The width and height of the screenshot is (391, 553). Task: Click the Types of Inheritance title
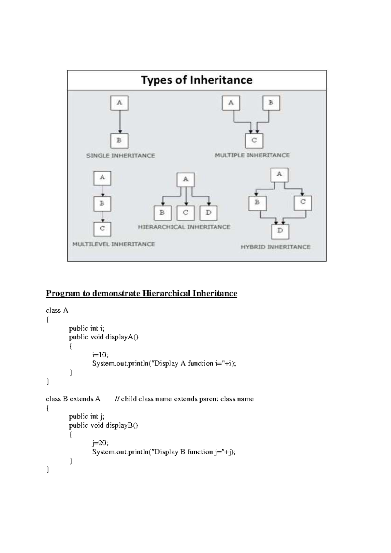pyautogui.click(x=196, y=80)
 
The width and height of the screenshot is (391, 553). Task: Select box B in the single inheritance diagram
pyautogui.click(x=119, y=141)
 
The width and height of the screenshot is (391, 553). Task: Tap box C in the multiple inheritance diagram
pyautogui.click(x=254, y=140)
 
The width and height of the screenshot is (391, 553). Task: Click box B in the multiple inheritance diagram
pyautogui.click(x=271, y=103)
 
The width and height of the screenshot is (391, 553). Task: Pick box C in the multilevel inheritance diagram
pyautogui.click(x=102, y=229)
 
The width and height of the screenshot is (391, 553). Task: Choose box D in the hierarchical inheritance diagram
pyautogui.click(x=209, y=213)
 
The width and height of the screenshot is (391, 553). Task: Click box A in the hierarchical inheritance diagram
pyautogui.click(x=185, y=179)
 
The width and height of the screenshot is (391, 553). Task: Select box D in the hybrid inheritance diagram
pyautogui.click(x=280, y=231)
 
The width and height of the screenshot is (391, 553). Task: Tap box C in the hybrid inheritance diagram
pyautogui.click(x=303, y=202)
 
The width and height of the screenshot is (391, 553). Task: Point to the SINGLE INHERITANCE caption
pyautogui.click(x=121, y=156)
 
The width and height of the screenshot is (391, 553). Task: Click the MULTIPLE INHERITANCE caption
pyautogui.click(x=252, y=155)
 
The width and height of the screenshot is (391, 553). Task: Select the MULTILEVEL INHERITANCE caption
pyautogui.click(x=113, y=244)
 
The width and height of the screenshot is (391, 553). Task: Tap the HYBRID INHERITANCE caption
pyautogui.click(x=275, y=247)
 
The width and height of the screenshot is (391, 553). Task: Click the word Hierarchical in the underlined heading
pyautogui.click(x=167, y=293)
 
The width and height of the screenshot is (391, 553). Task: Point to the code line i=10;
pyautogui.click(x=100, y=355)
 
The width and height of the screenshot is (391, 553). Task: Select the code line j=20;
pyautogui.click(x=100, y=443)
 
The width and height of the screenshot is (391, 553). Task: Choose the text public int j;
pyautogui.click(x=87, y=417)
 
